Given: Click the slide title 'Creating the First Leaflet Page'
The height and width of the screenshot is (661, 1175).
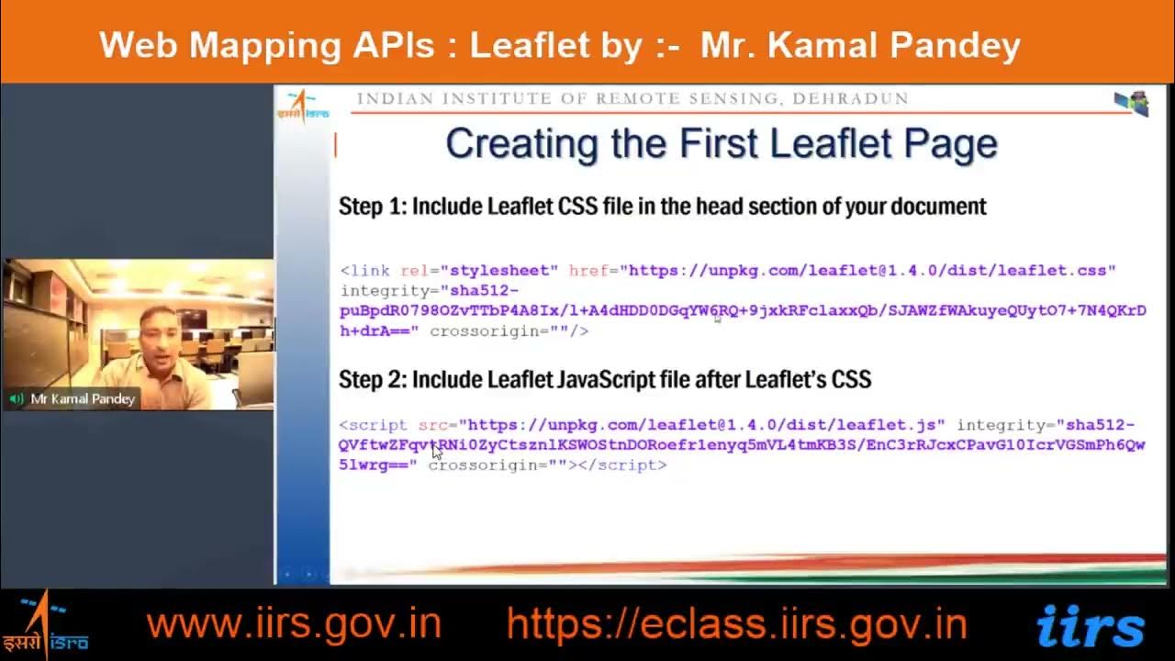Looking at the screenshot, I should pyautogui.click(x=721, y=144).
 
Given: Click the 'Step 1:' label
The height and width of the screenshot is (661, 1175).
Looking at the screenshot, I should pyautogui.click(x=372, y=207).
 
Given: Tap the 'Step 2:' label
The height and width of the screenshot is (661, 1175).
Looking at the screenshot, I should pyautogui.click(x=372, y=379).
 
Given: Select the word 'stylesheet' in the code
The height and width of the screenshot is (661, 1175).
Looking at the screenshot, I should pyautogui.click(x=500, y=271).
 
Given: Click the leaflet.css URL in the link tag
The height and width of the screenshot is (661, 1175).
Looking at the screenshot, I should pyautogui.click(x=867, y=271).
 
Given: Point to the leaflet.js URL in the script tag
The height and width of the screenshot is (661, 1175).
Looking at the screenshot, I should pyautogui.click(x=702, y=425).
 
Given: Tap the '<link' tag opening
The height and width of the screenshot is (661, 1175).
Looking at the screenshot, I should pyautogui.click(x=365, y=271).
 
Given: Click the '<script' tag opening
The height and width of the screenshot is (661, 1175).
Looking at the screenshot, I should pyautogui.click(x=373, y=425).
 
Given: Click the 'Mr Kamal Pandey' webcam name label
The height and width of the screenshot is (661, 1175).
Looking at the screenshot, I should pyautogui.click(x=83, y=399).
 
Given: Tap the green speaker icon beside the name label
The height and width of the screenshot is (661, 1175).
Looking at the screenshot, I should pyautogui.click(x=17, y=399).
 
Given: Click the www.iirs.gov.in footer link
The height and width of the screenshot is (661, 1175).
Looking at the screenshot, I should pyautogui.click(x=294, y=624).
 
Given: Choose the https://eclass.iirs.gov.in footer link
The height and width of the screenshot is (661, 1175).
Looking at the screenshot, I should pyautogui.click(x=736, y=624).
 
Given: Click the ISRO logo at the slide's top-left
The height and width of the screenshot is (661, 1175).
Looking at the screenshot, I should pyautogui.click(x=302, y=106).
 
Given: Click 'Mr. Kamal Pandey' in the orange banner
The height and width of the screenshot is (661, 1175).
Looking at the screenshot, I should pyautogui.click(x=860, y=45).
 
